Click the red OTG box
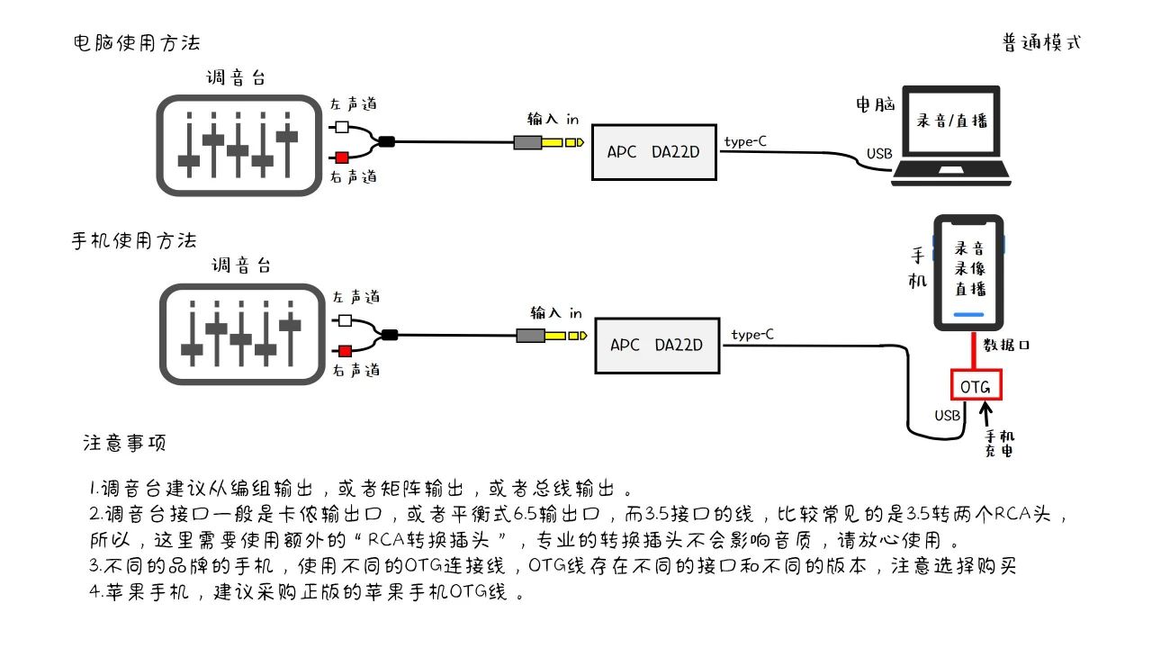[976, 386]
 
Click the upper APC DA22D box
[653, 151]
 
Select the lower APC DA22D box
[657, 345]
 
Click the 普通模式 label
[1041, 42]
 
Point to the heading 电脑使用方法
[137, 43]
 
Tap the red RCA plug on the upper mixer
[341, 157]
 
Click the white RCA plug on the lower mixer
[344, 320]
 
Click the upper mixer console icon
[238, 145]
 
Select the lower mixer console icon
[241, 334]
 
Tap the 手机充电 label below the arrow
[999, 442]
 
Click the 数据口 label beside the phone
[1006, 345]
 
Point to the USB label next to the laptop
[879, 154]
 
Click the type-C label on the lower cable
[752, 335]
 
